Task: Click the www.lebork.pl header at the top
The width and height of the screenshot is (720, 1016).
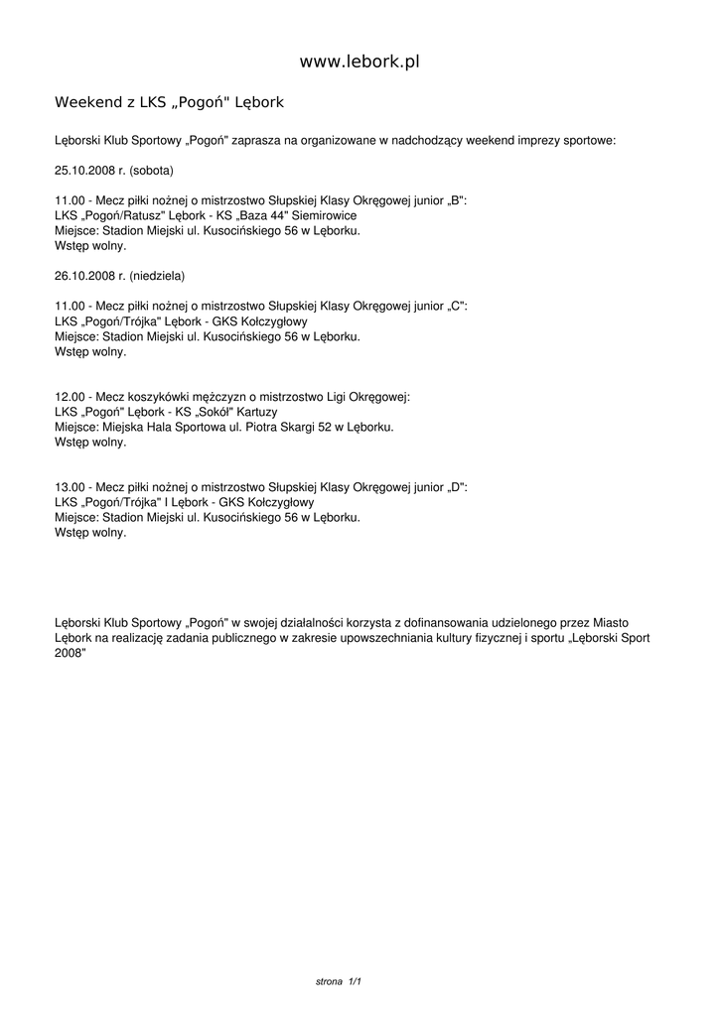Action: click(x=360, y=62)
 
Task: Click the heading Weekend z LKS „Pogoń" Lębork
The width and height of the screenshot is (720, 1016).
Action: click(x=170, y=102)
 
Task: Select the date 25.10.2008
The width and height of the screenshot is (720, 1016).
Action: click(x=84, y=171)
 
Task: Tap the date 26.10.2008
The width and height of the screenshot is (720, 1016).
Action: click(x=84, y=275)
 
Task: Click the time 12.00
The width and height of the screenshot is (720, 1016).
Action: click(x=71, y=397)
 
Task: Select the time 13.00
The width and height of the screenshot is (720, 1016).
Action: click(x=71, y=488)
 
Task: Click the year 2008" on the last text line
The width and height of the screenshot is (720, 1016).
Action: click(x=71, y=653)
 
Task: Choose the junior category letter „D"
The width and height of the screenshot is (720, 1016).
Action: click(x=456, y=488)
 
